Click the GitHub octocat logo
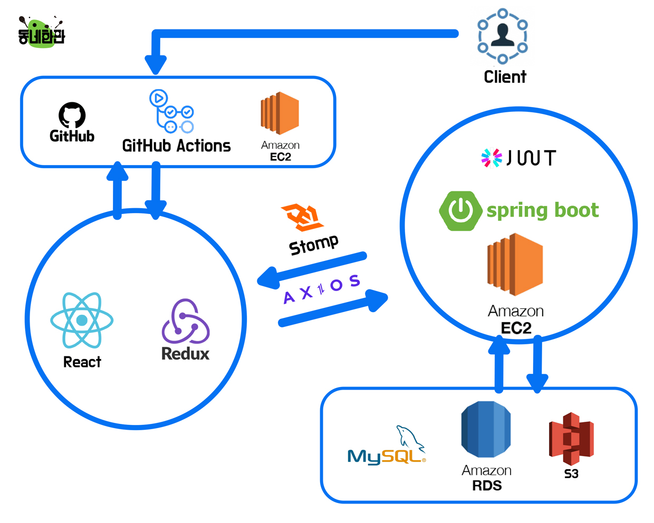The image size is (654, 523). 72,115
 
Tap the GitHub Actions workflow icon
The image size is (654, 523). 172,112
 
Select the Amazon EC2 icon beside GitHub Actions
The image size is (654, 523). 280,113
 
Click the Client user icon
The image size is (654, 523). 502,36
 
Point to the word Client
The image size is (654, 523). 505,77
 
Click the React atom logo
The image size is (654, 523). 82,320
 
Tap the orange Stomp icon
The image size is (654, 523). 303,217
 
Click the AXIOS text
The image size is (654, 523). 321,289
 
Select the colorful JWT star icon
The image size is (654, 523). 492,158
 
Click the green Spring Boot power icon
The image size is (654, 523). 460,210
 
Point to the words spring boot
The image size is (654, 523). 542,210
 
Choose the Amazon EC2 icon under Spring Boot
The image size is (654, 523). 515,264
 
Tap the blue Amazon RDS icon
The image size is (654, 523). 486,429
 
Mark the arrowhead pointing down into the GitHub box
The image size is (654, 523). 156,64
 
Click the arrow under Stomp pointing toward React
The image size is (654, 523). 311,269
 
